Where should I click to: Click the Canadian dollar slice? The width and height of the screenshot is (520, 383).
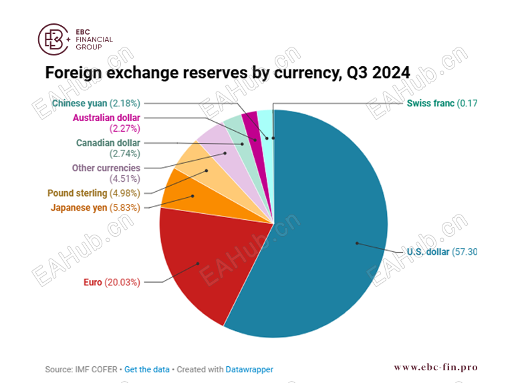236,134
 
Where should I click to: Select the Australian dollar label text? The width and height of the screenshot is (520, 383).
106,118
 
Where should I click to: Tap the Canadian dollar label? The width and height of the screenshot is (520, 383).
108,143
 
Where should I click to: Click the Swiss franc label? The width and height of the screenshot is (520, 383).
430,103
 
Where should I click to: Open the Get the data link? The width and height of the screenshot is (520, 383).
147,369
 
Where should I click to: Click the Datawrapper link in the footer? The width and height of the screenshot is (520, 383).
249,369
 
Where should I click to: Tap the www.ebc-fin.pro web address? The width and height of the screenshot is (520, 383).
435,367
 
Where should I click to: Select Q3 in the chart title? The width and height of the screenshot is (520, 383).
354,73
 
